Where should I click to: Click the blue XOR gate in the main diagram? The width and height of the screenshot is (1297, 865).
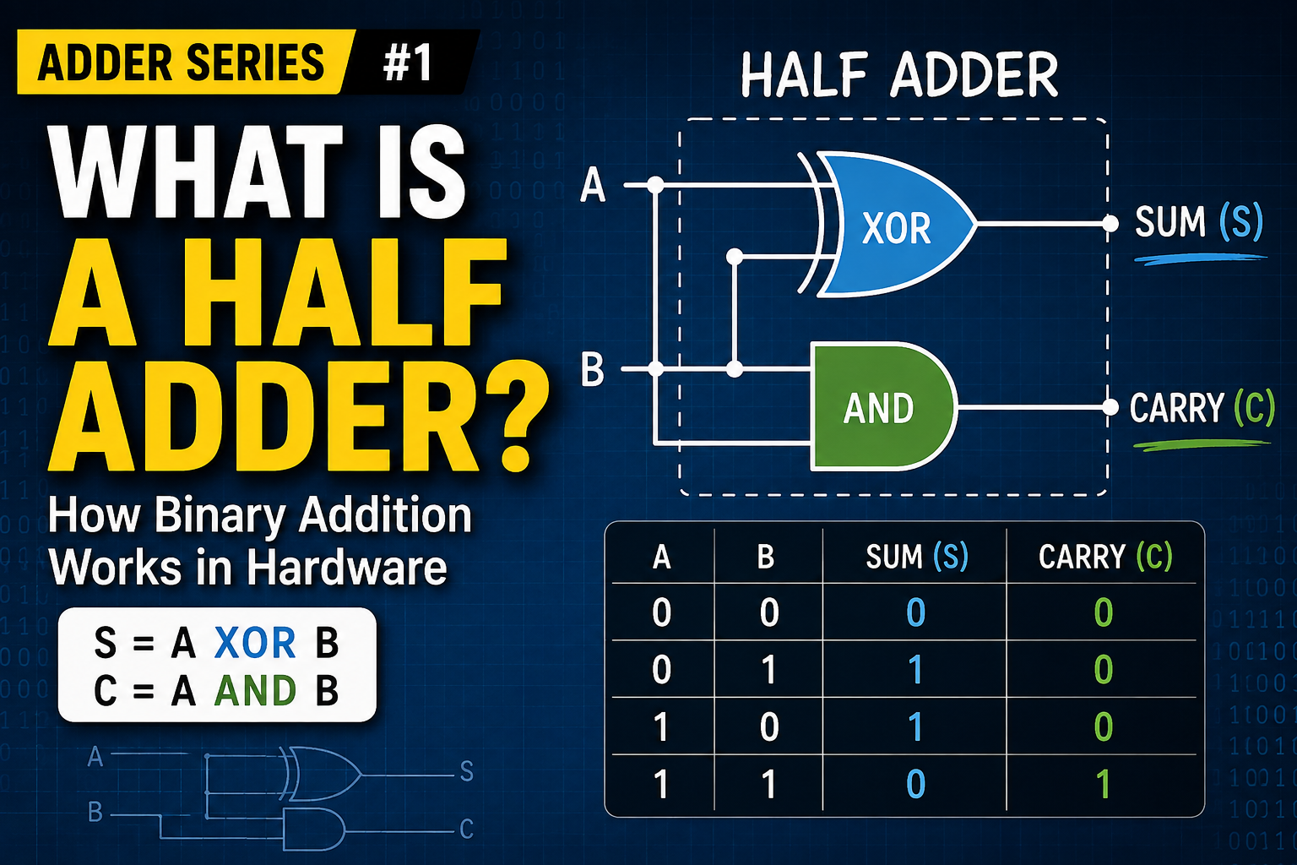pos(892,225)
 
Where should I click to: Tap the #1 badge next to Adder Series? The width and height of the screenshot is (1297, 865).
pos(408,62)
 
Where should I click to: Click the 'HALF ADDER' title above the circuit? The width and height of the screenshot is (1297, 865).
pos(899,74)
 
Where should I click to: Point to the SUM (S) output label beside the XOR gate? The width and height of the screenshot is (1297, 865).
pos(1198,222)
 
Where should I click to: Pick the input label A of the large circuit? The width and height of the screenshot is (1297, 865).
pos(593,185)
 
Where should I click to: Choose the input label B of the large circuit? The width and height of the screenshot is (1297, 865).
pos(592,369)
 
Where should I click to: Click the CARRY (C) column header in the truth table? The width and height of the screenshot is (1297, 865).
pos(1105,557)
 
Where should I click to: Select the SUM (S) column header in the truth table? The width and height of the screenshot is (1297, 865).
pos(917,557)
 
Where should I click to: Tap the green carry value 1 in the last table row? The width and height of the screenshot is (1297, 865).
pos(1104,784)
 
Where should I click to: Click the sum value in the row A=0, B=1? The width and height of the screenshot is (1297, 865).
pos(916,670)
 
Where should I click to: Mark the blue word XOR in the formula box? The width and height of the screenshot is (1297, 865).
pos(255,643)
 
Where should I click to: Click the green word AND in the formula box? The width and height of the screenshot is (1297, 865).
pos(255,691)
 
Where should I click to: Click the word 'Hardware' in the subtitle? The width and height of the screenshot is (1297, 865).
pos(347,567)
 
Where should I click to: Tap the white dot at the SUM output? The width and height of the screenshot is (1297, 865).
pos(1110,224)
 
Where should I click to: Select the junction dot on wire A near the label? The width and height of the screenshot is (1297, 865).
pos(655,185)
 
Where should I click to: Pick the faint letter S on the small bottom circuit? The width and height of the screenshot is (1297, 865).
pos(467,771)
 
